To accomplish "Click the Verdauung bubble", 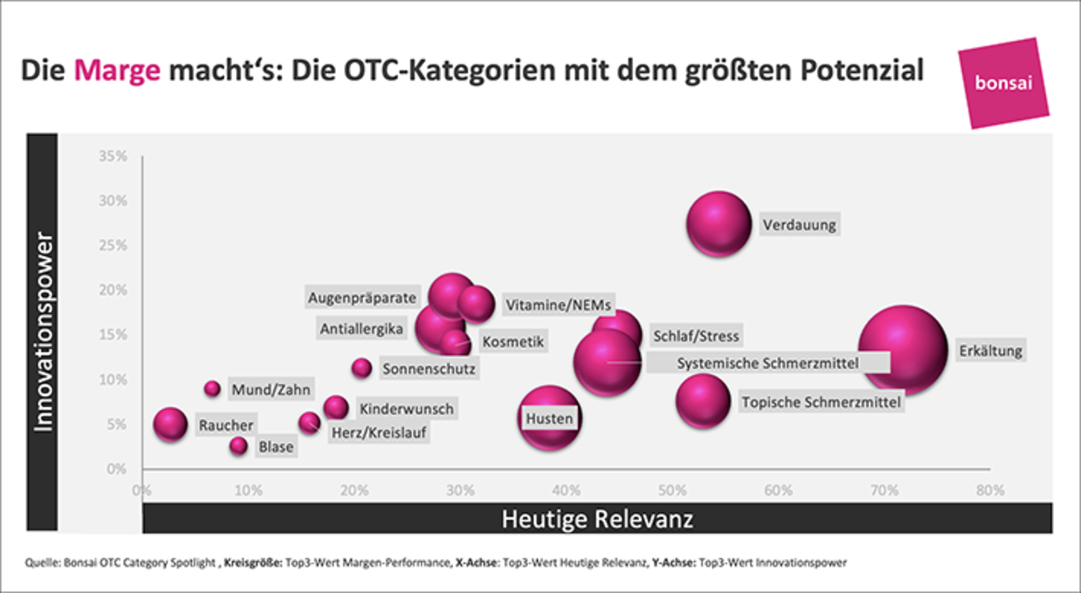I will [x=718, y=224].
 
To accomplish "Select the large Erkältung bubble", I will [x=902, y=350].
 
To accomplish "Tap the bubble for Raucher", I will [x=170, y=424].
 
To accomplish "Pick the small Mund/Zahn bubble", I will [x=213, y=388].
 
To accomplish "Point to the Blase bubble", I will [x=239, y=445].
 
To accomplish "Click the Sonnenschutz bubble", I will [x=362, y=367].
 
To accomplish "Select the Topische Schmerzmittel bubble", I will [x=703, y=402].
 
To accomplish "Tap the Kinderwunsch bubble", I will [x=336, y=407].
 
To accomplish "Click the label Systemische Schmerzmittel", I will [x=768, y=363].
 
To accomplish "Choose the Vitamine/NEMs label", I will [x=558, y=305].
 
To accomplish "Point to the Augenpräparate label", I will [x=362, y=297].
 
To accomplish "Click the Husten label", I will [x=549, y=418].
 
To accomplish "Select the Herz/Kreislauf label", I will [x=378, y=432].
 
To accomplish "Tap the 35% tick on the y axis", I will [x=113, y=156].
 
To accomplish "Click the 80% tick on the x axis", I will [x=990, y=490].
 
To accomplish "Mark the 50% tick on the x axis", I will [x=672, y=490].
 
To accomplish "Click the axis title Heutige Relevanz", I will [x=597, y=519].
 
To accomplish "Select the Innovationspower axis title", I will [x=43, y=332].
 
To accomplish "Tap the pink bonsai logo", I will [x=1003, y=83].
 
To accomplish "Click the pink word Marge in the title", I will [x=117, y=71].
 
